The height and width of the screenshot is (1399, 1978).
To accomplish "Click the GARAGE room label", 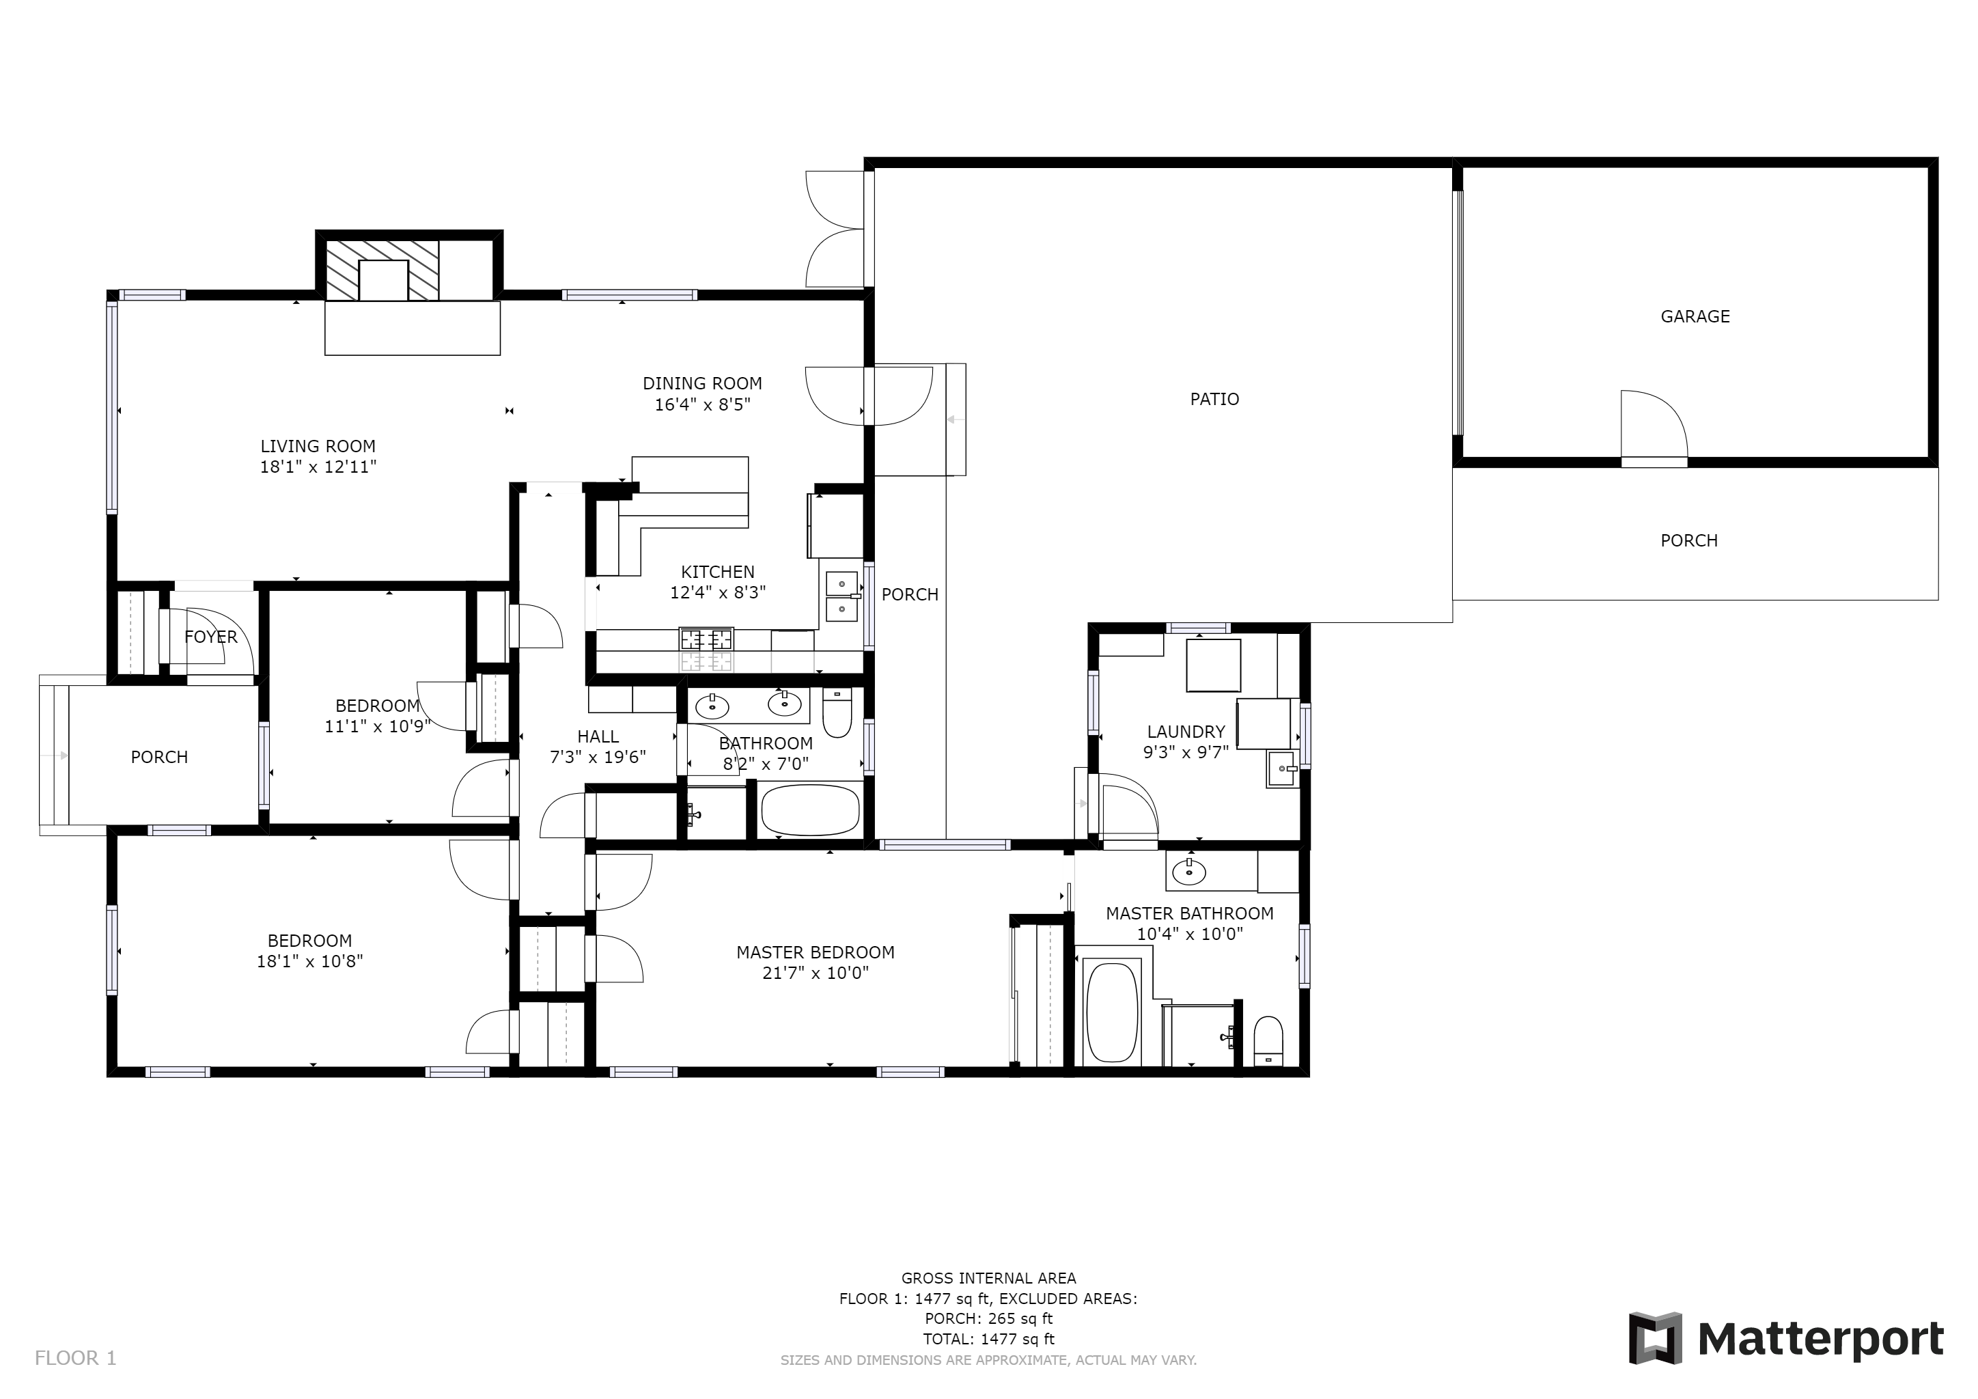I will (1695, 316).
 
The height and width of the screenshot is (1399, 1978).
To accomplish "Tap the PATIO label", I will (1214, 399).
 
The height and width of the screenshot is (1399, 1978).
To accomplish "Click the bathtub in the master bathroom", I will (1112, 1012).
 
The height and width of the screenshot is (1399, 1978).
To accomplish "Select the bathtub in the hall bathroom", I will (810, 809).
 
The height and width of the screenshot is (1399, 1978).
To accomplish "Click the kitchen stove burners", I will (706, 639).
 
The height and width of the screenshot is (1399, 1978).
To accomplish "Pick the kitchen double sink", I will (841, 596).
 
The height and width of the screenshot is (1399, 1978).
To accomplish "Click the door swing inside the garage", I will (1652, 424).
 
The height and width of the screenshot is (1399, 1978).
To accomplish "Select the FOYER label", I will (210, 637).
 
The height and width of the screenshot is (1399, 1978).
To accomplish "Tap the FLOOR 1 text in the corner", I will (75, 1359).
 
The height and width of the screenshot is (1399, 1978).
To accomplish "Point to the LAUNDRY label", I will (1186, 732).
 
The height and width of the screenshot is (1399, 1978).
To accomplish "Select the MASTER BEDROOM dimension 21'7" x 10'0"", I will (815, 973).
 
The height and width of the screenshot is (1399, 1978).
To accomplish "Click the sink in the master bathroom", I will (1189, 872).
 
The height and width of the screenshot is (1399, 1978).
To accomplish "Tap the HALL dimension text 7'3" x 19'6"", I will (598, 757).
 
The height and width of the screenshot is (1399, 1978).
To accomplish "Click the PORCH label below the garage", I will (1688, 540).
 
